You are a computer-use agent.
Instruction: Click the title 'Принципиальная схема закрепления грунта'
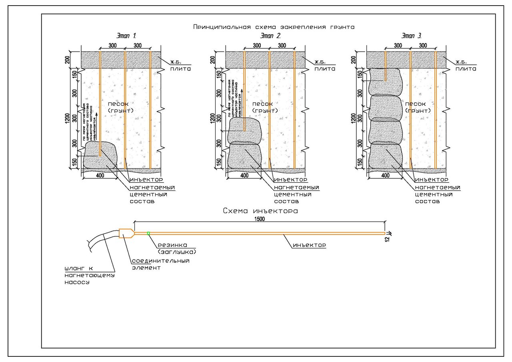274,27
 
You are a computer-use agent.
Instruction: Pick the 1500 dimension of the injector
260,219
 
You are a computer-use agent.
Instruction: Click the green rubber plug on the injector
148,233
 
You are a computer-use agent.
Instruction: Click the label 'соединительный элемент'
160,264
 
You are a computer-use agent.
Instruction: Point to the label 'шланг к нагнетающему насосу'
89,275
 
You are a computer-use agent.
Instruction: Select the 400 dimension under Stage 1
100,175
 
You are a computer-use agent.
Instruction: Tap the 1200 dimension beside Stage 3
353,118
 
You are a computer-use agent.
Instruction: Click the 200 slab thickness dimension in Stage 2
212,60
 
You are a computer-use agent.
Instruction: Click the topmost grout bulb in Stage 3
385,82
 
